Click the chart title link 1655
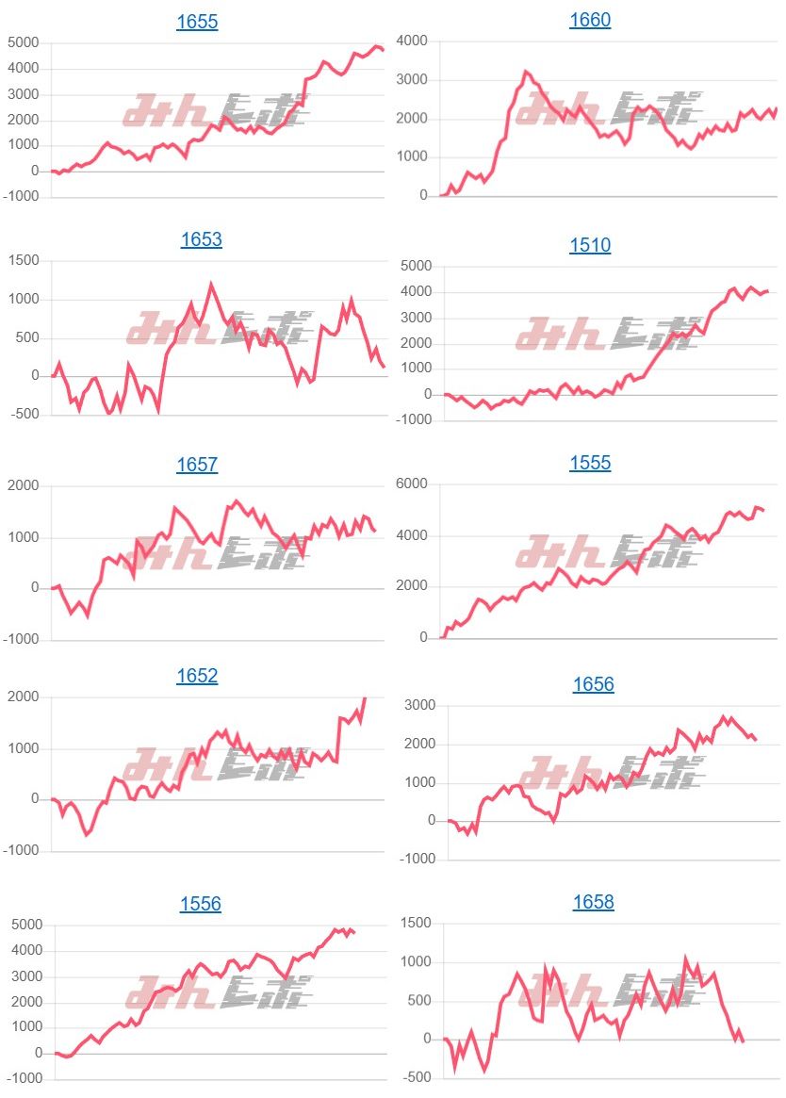(197, 22)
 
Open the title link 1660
(590, 20)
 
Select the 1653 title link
(201, 239)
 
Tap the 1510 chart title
(590, 245)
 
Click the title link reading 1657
(197, 465)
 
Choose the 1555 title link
(590, 463)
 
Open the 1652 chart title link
(197, 676)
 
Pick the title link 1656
(594, 684)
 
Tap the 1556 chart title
(201, 904)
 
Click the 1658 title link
(594, 902)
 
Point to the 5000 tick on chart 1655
(23, 42)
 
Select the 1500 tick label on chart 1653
(23, 260)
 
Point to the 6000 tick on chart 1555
(411, 484)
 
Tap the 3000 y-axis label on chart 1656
(418, 705)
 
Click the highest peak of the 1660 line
(526, 72)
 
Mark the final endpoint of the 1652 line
(365, 698)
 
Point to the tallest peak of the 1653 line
(210, 284)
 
